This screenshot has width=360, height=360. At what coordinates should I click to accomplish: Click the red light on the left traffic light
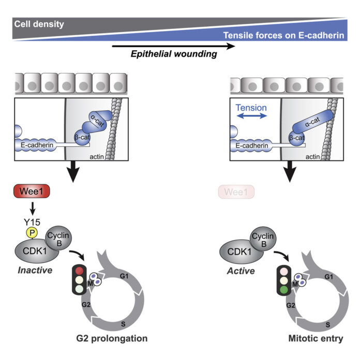[79, 269]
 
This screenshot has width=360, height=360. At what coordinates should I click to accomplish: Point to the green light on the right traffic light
[284, 290]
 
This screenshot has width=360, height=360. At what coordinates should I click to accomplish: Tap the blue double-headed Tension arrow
[250, 117]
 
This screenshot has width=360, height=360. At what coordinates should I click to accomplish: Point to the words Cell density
[39, 24]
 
